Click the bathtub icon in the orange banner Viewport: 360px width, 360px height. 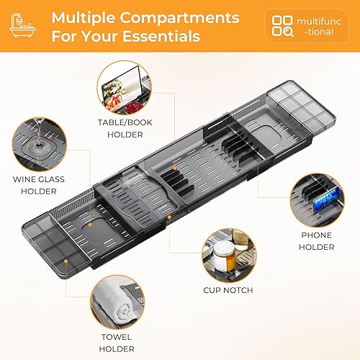coord(23,25)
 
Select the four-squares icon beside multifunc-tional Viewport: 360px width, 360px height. coord(282,26)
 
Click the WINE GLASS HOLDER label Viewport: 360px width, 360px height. coord(39,185)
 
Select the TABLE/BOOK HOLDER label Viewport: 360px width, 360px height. coord(125,128)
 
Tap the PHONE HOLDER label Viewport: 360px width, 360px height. coord(317,241)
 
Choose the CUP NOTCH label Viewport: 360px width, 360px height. coord(228,290)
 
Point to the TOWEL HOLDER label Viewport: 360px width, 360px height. coord(117,343)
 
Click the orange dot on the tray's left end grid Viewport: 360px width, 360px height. coord(66,261)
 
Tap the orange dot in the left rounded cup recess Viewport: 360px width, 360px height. coord(90,225)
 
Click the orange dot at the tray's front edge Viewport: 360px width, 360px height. coord(169,217)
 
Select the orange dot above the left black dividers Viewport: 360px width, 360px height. coord(175,168)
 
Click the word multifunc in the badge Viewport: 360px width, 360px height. coord(319,22)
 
